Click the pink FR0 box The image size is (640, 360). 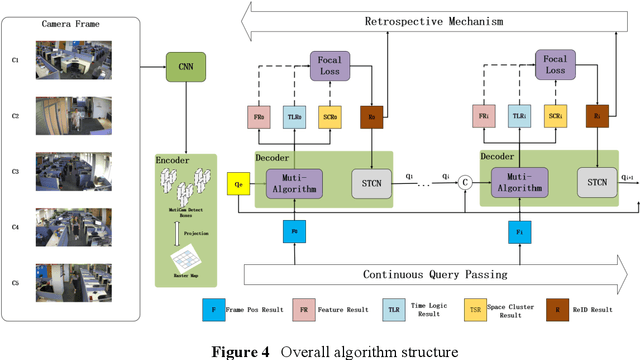(x=259, y=117)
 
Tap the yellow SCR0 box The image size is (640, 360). (x=328, y=117)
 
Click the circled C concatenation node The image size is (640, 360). (x=464, y=182)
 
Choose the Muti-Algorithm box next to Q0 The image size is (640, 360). (x=294, y=183)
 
